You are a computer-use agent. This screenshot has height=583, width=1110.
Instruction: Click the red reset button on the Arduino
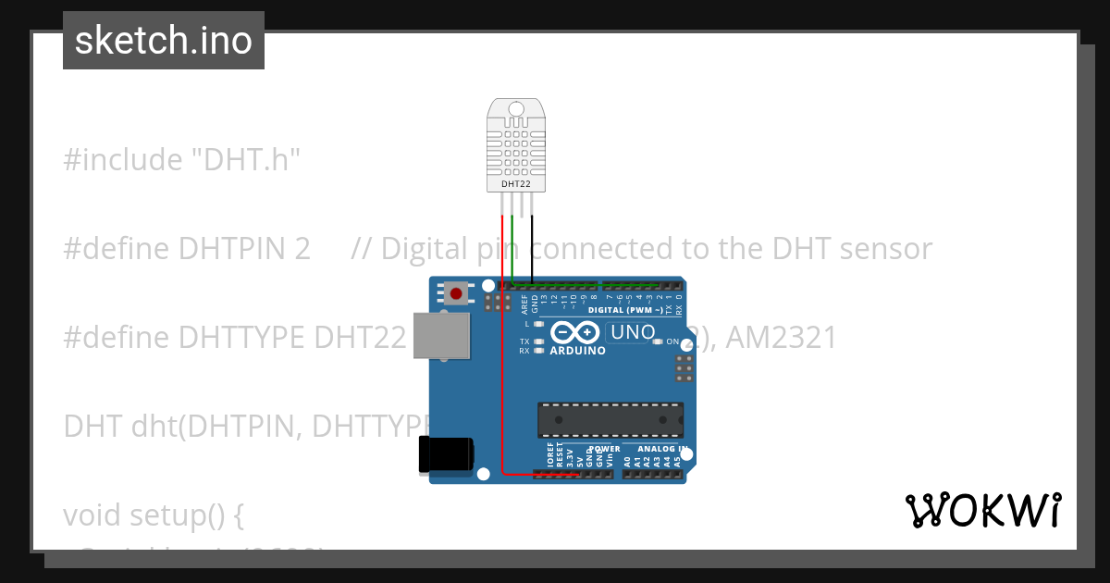(455, 294)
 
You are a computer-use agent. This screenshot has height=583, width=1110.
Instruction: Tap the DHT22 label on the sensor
(516, 184)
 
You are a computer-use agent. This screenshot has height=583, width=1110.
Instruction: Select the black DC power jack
(445, 454)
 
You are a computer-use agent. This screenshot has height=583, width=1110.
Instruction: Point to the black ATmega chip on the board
(610, 419)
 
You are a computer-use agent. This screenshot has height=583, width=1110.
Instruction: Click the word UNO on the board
(634, 332)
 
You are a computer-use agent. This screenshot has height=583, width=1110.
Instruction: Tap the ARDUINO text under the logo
(577, 352)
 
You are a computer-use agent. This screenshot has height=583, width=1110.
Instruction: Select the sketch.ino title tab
(164, 41)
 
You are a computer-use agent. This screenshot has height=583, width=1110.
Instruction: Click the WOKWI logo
(982, 510)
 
